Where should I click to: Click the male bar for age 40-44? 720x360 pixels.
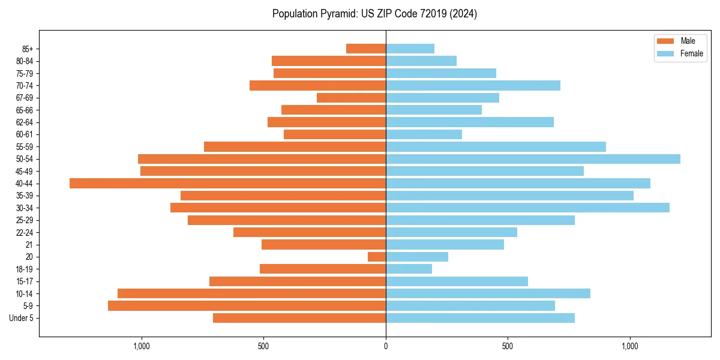(x=228, y=183)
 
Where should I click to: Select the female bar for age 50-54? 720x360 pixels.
(x=533, y=159)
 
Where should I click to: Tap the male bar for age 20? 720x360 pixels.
(x=377, y=257)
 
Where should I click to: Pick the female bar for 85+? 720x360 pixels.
(x=410, y=49)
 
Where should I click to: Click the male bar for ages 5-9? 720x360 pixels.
(x=247, y=305)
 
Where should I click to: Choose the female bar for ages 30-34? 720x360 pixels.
(x=527, y=208)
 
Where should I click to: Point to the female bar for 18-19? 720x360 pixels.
(x=409, y=269)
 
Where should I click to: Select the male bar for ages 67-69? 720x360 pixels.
(x=351, y=98)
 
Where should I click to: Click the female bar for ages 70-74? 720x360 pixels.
(x=473, y=85)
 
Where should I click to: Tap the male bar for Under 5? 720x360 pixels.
(x=299, y=318)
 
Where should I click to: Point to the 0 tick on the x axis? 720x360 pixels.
(x=386, y=346)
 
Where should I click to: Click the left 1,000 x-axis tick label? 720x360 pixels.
(x=142, y=346)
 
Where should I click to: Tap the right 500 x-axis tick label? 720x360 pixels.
(x=508, y=346)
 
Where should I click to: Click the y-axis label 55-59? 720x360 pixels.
(x=25, y=147)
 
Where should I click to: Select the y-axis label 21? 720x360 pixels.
(x=29, y=245)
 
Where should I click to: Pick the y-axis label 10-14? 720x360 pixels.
(x=25, y=293)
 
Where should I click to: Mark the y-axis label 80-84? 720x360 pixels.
(x=25, y=61)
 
